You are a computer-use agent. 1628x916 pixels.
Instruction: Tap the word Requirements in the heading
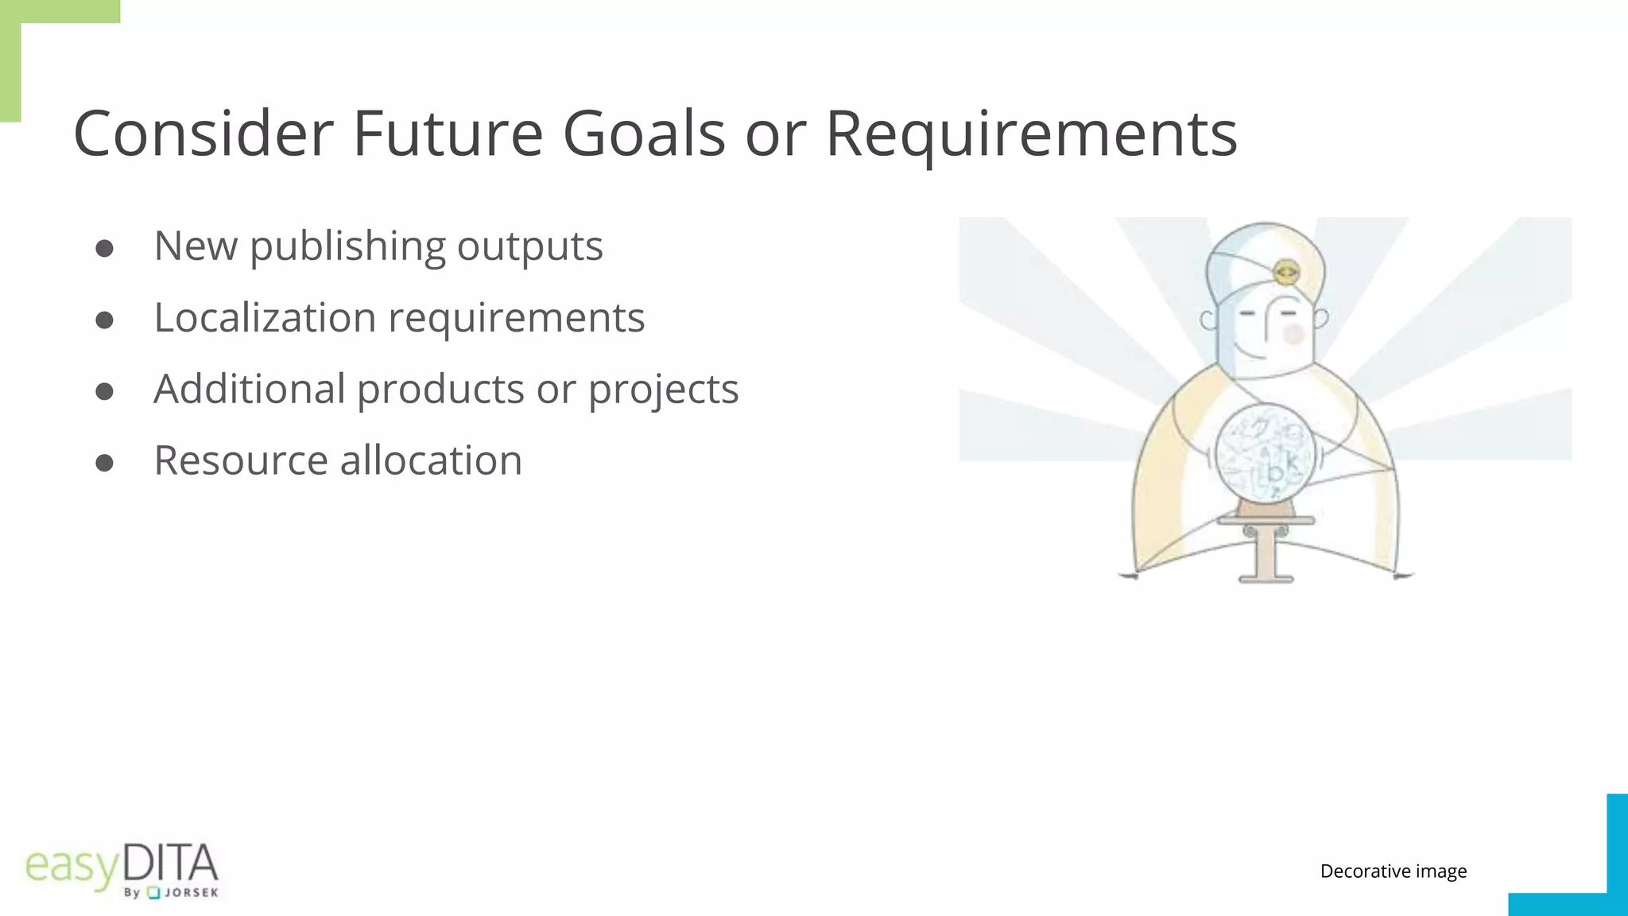(x=1031, y=134)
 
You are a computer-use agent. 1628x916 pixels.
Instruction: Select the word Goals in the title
(x=644, y=134)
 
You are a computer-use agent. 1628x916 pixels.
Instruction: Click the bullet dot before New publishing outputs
(x=104, y=249)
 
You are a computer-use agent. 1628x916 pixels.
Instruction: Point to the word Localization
(x=265, y=317)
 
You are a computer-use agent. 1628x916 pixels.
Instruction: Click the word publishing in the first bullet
(x=347, y=247)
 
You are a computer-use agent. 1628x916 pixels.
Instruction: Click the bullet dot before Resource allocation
(x=104, y=463)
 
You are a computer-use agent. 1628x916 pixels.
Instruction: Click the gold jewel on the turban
(x=1285, y=273)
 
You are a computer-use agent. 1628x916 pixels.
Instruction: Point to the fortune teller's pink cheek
(x=1294, y=333)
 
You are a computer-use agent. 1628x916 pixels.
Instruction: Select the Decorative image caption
(x=1393, y=871)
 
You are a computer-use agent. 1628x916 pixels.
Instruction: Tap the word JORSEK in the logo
(x=192, y=893)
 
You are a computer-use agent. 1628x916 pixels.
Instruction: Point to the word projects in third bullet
(x=663, y=390)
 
